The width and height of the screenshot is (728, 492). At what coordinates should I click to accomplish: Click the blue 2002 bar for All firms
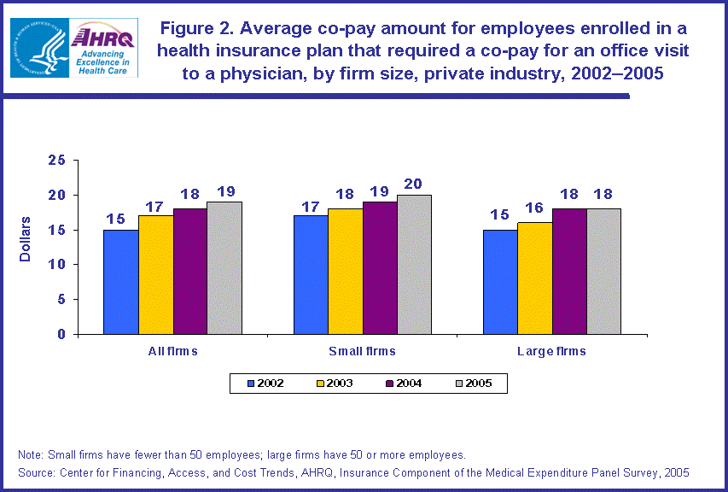click(120, 282)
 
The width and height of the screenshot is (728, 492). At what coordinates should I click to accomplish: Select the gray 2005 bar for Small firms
click(414, 265)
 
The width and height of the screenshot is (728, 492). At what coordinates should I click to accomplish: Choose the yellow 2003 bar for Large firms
click(534, 278)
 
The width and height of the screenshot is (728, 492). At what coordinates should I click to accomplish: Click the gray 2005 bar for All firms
click(224, 268)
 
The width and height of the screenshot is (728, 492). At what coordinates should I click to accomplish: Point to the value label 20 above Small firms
click(414, 184)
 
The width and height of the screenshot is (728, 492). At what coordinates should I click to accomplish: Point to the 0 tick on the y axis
click(61, 335)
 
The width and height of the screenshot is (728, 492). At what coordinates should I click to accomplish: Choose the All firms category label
click(172, 351)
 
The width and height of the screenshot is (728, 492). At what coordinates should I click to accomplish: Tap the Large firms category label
click(551, 351)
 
